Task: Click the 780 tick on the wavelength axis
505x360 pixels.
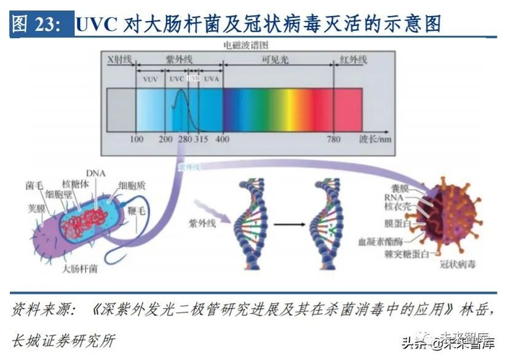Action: tap(334, 139)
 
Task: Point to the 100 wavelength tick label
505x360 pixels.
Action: tap(136, 139)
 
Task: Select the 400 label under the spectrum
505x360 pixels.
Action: tap(223, 139)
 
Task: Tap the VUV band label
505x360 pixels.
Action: tap(150, 77)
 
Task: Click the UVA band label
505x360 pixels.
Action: tap(211, 77)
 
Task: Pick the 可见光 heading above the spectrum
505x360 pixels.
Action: tap(276, 61)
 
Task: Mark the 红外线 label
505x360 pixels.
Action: tap(353, 61)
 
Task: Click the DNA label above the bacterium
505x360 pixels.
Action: tap(95, 173)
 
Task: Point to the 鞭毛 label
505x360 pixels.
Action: tap(137, 210)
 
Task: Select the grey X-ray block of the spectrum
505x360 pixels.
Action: tap(121, 108)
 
